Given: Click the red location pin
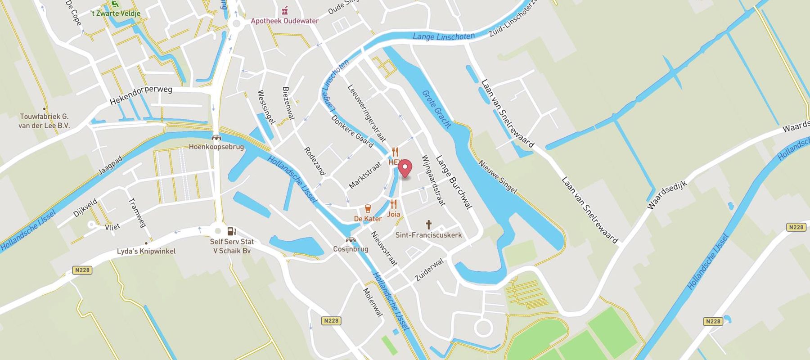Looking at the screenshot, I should click(x=405, y=169).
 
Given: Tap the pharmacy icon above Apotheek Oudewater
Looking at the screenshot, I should click(x=284, y=10).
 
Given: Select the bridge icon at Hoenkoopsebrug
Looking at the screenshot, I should click(x=216, y=138).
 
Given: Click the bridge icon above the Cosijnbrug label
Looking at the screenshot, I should click(x=351, y=240).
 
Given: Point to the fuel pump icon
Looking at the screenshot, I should click(x=231, y=231).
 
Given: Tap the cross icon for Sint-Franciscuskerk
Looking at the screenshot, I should click(x=428, y=225).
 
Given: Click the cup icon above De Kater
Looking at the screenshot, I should click(x=368, y=208).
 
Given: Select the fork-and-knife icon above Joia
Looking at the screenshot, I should click(x=393, y=204).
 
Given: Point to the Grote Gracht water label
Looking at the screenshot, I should click(x=436, y=109).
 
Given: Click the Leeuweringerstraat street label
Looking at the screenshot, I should click(x=367, y=112).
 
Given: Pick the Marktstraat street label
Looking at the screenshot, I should click(x=365, y=175).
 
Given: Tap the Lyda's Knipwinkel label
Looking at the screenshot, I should click(x=146, y=251).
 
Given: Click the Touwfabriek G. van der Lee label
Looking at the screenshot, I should click(x=44, y=121).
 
